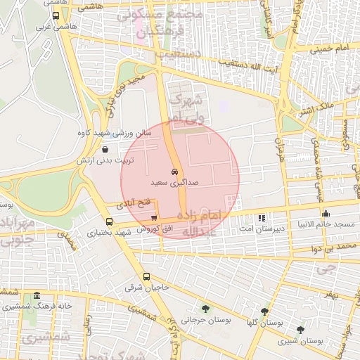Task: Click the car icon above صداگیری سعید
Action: pos(174,172)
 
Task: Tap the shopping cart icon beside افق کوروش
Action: pos(154,218)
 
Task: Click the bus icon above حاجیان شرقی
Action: pos(147,276)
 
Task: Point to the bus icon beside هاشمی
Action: pos(56,15)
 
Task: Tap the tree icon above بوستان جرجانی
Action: pos(205,308)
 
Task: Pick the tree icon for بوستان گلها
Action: pos(264,311)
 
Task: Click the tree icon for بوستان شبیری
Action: pos(300,330)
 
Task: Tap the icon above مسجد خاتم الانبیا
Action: pos(325,214)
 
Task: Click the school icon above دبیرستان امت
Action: pos(262,218)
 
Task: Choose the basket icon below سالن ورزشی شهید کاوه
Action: pos(105,149)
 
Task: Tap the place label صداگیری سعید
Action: pos(174,182)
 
